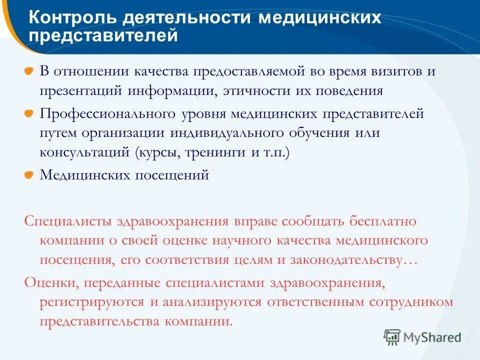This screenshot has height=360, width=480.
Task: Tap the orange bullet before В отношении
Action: (x=30, y=71)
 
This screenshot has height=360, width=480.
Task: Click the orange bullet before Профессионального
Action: (x=30, y=113)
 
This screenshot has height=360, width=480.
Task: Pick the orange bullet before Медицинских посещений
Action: (x=30, y=175)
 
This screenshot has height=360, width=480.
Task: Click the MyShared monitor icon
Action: (x=392, y=337)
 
